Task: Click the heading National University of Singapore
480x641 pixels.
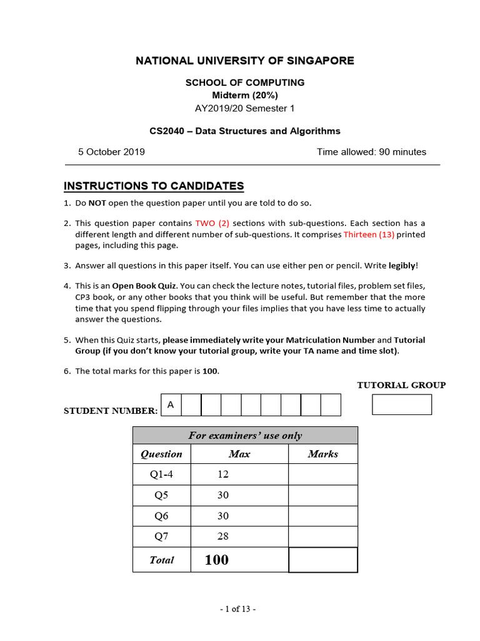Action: pos(245,61)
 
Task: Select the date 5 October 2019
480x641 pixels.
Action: pos(111,151)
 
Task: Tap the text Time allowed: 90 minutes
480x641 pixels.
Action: pos(371,151)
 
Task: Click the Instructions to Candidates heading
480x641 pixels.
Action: pos(154,186)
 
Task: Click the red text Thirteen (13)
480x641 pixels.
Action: pos(369,234)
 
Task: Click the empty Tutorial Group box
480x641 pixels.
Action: pos(402,404)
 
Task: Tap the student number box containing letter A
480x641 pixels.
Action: pos(171,405)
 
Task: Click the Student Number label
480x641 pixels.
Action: pos(111,411)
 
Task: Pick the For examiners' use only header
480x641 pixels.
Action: pos(245,436)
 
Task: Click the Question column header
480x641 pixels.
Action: pos(161,454)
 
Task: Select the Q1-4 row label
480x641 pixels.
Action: pos(161,474)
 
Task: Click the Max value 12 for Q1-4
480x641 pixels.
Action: pos(223,474)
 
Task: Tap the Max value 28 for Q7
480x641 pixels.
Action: pos(223,536)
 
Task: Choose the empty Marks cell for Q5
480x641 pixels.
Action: pos(322,495)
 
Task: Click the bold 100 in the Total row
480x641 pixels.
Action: pos(216,560)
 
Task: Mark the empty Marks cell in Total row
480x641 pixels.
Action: pos(322,560)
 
